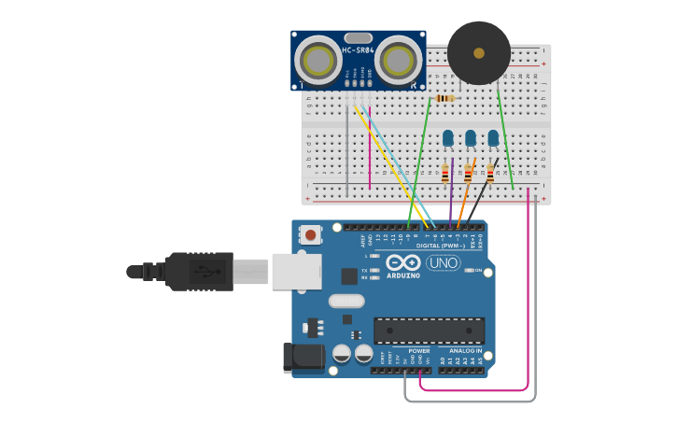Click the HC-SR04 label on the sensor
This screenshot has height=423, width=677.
click(x=358, y=50)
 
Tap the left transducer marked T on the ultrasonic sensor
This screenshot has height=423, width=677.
click(x=317, y=62)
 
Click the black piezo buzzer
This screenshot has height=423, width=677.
click(x=479, y=53)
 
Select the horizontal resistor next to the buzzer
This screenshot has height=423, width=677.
click(x=444, y=98)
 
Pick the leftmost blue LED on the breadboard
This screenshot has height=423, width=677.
click(x=448, y=139)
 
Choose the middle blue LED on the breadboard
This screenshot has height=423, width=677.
click(x=471, y=139)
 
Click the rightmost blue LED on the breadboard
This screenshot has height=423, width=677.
click(x=493, y=139)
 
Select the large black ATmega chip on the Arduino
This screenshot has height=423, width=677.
click(x=429, y=331)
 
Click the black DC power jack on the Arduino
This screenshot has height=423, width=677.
click(x=303, y=358)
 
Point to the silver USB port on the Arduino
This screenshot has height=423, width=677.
click(x=296, y=271)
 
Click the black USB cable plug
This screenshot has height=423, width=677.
click(x=200, y=271)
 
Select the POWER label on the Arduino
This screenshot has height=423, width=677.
click(x=418, y=351)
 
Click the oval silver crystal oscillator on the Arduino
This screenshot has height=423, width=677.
click(x=346, y=301)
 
